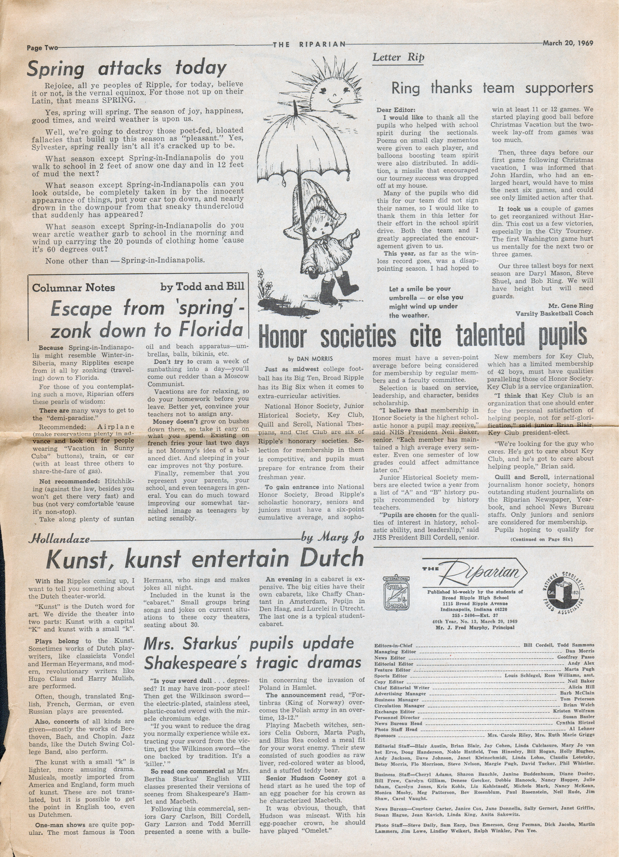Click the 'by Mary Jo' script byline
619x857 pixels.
[x=332, y=537]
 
